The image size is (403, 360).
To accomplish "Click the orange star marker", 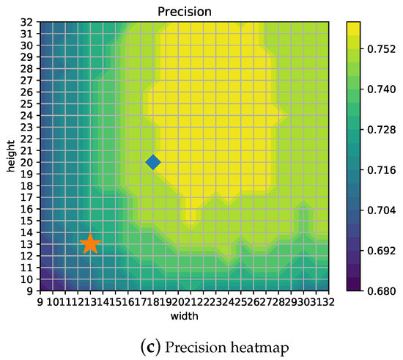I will coord(89,243).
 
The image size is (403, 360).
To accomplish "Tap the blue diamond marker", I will coord(152,162).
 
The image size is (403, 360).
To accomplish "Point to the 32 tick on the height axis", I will coord(26,21).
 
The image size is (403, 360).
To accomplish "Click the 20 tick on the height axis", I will coord(26,162).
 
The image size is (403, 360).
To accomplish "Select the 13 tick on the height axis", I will coord(26,243).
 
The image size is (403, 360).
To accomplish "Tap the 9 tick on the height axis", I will coord(29,290).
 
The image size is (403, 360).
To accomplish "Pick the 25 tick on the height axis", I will coord(26,103).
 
